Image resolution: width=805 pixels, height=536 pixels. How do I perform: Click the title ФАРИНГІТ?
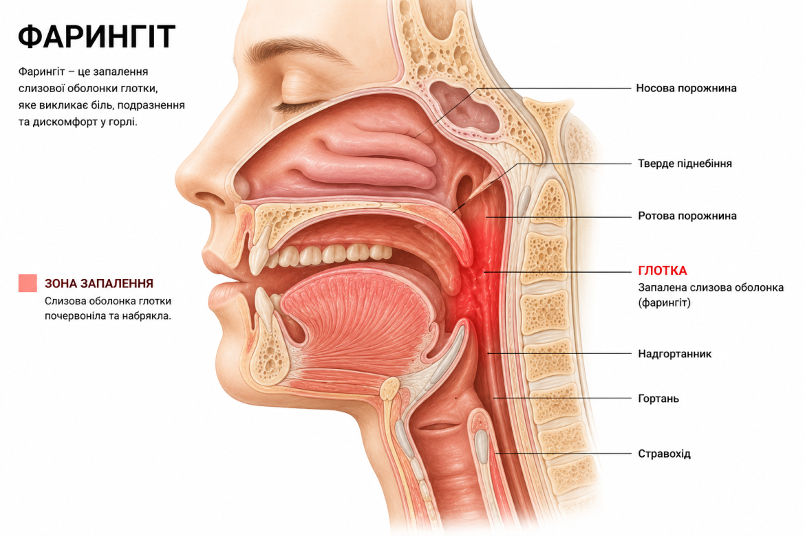96,36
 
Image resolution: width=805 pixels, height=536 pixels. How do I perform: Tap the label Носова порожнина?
686,88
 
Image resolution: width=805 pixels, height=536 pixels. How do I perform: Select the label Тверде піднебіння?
685,164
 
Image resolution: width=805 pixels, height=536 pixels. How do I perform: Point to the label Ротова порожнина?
687,216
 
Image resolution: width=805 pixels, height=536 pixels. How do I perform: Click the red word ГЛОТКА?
663,271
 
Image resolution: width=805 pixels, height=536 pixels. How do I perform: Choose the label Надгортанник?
674,354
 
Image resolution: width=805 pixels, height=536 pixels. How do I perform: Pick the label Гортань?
658,399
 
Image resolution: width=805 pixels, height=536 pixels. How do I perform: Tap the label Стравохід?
665,454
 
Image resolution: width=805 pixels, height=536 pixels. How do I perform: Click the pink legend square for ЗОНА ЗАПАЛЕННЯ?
28,283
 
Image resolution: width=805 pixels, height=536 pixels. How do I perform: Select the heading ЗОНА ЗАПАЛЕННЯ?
99,283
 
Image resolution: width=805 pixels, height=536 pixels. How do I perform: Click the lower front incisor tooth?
265,306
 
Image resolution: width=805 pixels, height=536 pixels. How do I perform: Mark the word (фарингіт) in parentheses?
665,302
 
